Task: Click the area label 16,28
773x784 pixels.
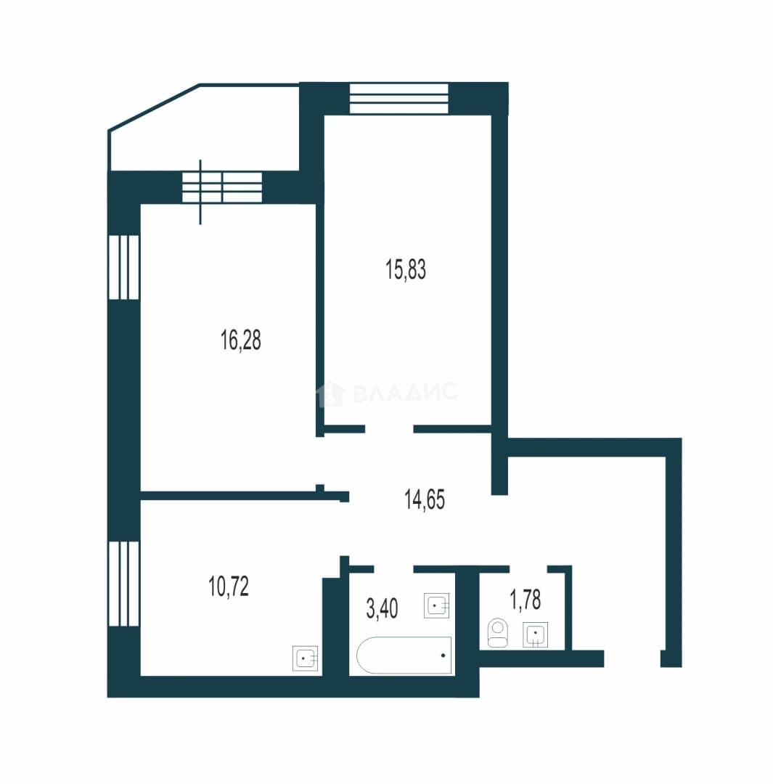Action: coord(240,340)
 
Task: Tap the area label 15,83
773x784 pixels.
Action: coord(406,269)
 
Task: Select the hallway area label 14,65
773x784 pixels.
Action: coord(425,499)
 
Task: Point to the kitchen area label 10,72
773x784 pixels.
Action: coord(229,586)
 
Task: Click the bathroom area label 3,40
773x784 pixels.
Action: coord(382,608)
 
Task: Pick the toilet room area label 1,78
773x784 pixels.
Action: coord(525,600)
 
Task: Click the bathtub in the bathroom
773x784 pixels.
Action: coord(404,655)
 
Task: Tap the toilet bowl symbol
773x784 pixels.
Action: coord(497,633)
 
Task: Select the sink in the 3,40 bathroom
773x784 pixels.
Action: coord(436,605)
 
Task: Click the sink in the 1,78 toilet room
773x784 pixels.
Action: coord(536,634)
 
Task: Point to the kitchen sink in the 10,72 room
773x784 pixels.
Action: coord(305,658)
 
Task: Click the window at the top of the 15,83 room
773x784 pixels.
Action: coord(399,99)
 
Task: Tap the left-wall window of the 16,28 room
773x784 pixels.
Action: coord(123,267)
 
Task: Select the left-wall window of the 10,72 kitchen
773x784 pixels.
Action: coord(123,584)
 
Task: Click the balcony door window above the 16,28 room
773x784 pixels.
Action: coord(221,187)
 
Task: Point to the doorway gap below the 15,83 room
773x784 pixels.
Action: coord(390,429)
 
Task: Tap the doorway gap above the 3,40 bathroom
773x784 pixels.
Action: coord(393,569)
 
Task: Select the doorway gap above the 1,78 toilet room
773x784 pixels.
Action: coord(528,569)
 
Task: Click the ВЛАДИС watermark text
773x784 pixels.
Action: coord(388,393)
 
